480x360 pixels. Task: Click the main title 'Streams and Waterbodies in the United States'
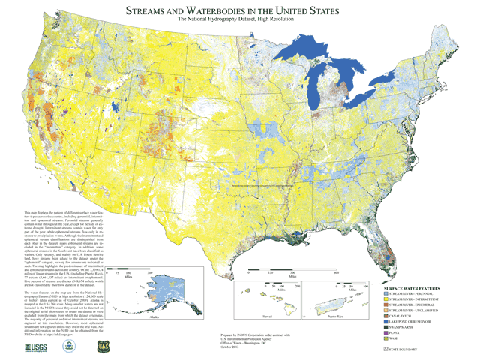point(240,12)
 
